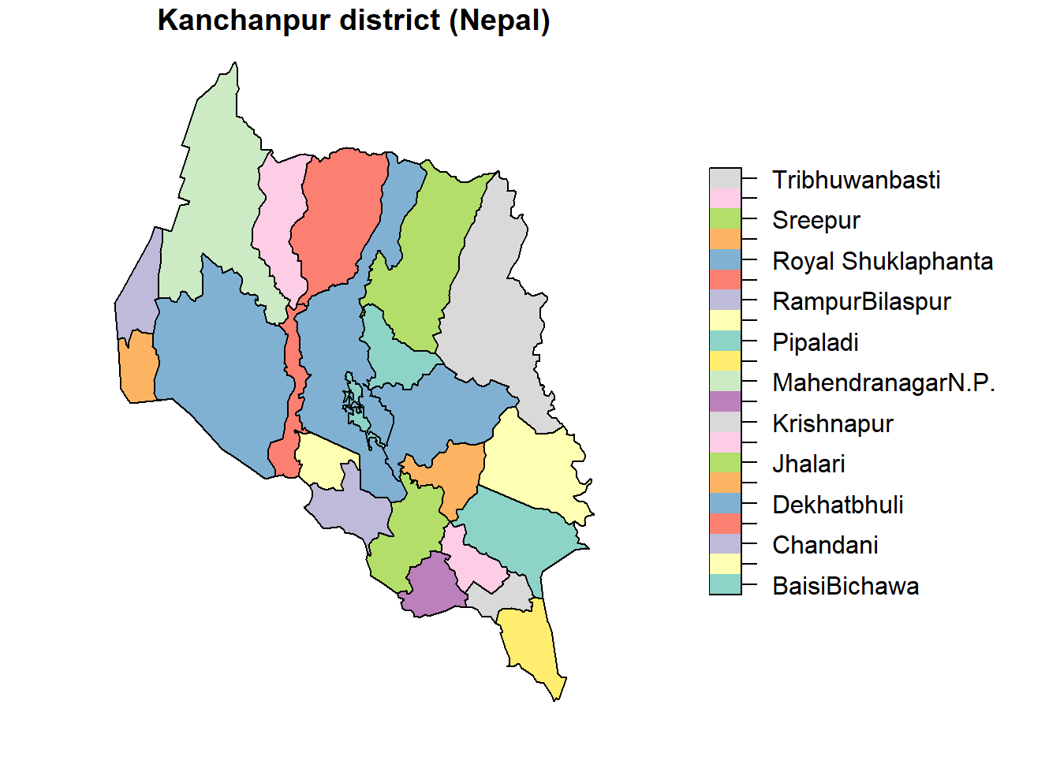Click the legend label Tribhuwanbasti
(856, 180)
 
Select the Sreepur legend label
(816, 221)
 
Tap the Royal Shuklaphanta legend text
(882, 261)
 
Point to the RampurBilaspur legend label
(861, 302)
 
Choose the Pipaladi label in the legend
(815, 342)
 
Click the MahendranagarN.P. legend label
(883, 383)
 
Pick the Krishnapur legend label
(832, 423)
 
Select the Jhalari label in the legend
(808, 464)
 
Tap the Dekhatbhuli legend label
(838, 505)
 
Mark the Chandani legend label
(825, 546)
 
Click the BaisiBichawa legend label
(845, 586)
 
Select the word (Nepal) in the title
(499, 21)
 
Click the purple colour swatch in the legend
(725, 401)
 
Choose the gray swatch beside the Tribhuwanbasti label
(725, 178)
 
